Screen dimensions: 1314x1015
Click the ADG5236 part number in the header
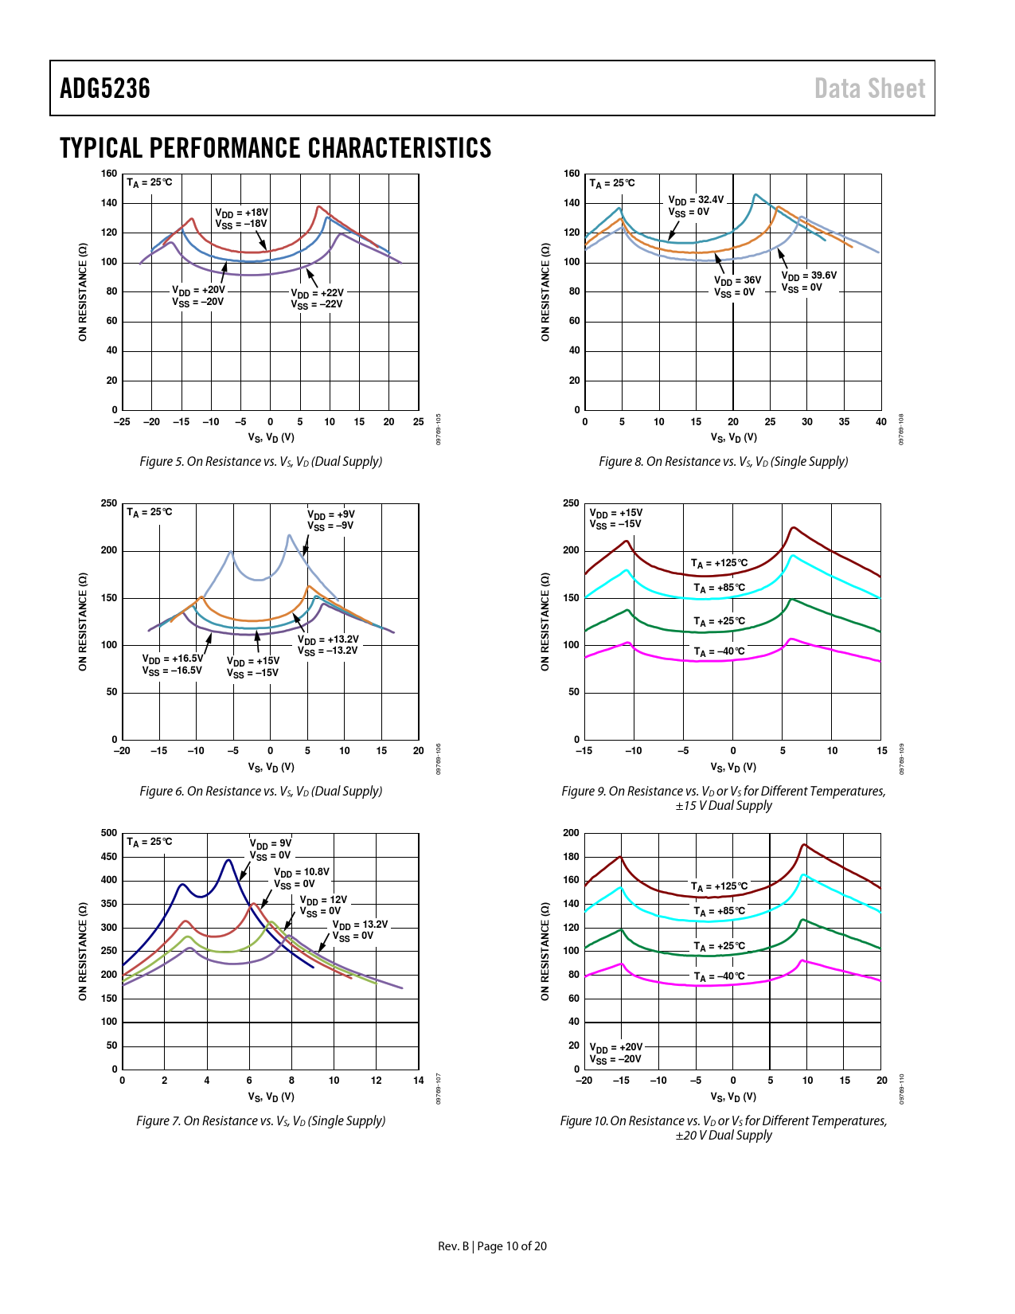(105, 88)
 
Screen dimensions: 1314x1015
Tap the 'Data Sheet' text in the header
(869, 88)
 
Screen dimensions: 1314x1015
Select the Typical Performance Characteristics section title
(275, 148)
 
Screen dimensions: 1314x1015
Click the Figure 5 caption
(260, 462)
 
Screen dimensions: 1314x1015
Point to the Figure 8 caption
(723, 462)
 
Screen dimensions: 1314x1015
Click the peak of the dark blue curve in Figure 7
(228, 860)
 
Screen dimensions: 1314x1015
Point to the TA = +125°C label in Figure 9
(719, 563)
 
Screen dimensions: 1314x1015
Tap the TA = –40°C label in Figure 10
(719, 976)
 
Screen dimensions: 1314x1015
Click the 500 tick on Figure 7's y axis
(109, 833)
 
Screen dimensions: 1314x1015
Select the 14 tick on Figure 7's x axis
(419, 1081)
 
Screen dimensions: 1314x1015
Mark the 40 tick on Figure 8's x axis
(880, 422)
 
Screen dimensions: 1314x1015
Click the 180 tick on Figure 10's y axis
(571, 857)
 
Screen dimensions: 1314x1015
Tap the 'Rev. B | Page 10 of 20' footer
(492, 1246)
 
